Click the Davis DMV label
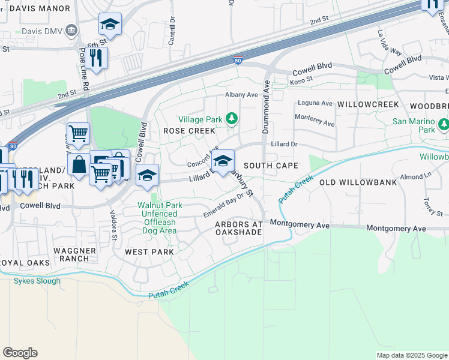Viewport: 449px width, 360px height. point(41,31)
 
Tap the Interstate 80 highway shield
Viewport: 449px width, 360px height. point(238,61)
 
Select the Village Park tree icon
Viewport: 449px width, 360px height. point(232,119)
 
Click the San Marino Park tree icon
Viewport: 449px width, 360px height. point(443,125)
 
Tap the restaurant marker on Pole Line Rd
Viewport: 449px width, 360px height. point(96,58)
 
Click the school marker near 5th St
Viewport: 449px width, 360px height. point(110,24)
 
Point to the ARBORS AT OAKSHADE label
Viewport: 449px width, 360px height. point(239,228)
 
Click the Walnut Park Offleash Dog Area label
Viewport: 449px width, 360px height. point(157,218)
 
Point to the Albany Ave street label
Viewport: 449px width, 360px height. point(241,95)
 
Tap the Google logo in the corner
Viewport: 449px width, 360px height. point(20,353)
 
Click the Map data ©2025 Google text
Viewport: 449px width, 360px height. point(411,355)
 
